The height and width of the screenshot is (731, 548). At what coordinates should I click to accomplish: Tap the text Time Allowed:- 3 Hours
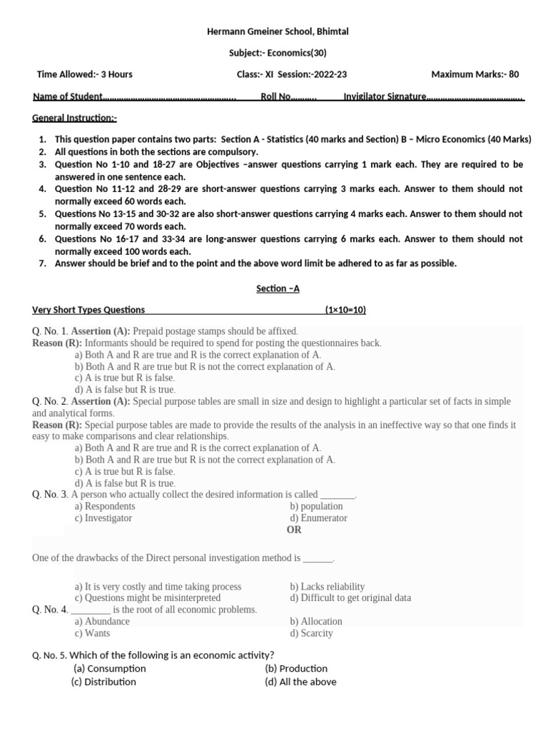click(84, 74)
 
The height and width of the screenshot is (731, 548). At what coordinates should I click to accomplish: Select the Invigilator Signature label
click(385, 96)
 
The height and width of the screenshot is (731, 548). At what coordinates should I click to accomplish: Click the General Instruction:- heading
click(75, 118)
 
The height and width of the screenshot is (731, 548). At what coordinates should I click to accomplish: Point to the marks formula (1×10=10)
click(345, 310)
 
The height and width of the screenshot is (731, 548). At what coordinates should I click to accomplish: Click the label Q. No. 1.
click(50, 331)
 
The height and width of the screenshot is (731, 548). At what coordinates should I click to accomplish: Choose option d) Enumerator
click(318, 518)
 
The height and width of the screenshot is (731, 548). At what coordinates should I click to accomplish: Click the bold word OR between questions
click(294, 530)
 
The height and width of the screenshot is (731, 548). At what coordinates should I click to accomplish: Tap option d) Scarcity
click(311, 633)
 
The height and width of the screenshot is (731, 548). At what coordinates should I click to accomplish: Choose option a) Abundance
click(102, 622)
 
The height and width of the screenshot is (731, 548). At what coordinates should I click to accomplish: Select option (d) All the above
click(300, 682)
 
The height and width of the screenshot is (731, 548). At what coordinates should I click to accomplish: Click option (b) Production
click(296, 669)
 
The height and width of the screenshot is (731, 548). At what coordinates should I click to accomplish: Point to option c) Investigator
click(103, 518)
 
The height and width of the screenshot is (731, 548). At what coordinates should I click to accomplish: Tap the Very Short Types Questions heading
click(88, 310)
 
